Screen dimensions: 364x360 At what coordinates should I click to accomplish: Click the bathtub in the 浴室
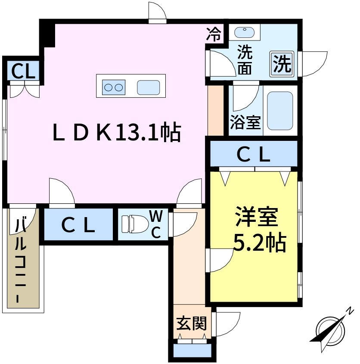[x=279, y=110]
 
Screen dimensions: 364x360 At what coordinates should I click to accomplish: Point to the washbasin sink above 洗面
[x=245, y=31]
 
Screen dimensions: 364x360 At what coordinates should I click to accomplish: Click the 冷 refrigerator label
[x=214, y=33]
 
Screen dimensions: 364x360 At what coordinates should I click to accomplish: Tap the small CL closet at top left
[x=23, y=71]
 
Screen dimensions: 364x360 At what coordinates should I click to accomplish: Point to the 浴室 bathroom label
[x=245, y=122]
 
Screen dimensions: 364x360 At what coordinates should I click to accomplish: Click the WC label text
[x=155, y=224]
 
